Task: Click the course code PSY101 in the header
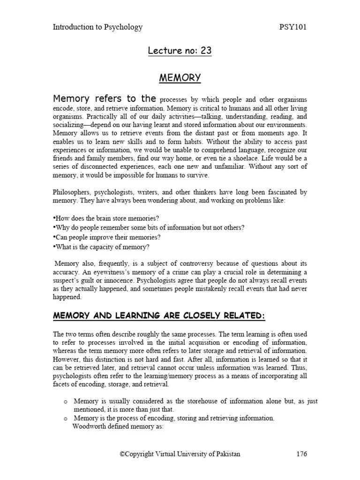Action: (292, 27)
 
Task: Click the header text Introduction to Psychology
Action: (97, 27)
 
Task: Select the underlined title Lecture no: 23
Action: (180, 51)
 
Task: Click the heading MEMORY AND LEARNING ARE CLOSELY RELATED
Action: (159, 316)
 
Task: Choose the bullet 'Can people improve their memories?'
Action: (106, 237)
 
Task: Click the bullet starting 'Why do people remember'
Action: (149, 228)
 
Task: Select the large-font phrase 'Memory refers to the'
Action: (104, 99)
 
